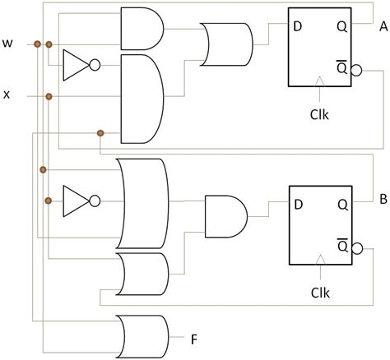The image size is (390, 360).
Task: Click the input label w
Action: click(8, 42)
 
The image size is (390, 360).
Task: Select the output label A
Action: click(383, 27)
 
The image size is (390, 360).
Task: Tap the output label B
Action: click(383, 198)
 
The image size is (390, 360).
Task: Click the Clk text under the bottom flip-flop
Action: click(320, 292)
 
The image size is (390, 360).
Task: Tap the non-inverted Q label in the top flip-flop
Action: click(340, 26)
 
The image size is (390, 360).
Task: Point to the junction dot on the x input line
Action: click(49, 97)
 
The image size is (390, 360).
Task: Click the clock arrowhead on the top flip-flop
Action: click(319, 81)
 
